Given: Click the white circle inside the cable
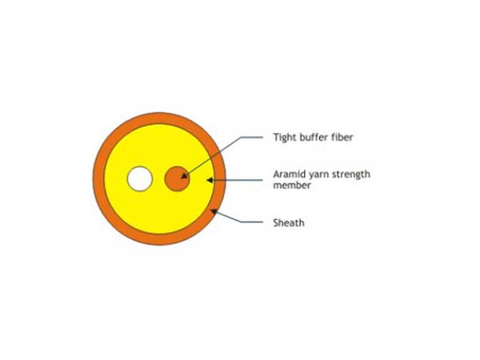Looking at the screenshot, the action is pyautogui.click(x=139, y=178).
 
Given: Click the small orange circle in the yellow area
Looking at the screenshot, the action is pyautogui.click(x=178, y=178).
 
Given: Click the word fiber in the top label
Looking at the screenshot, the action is pyautogui.click(x=342, y=137).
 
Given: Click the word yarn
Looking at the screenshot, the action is pyautogui.click(x=317, y=175).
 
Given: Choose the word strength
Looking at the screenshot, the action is pyautogui.click(x=351, y=174).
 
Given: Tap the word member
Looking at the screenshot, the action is pyautogui.click(x=292, y=186).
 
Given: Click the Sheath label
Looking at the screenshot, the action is pyautogui.click(x=289, y=222).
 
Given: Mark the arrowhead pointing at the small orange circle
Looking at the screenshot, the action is pyautogui.click(x=184, y=176).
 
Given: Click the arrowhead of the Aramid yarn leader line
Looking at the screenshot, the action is pyautogui.click(x=210, y=180).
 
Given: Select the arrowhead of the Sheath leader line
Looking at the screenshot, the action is pyautogui.click(x=214, y=212).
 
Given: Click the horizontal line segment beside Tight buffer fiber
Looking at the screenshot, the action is pyautogui.click(x=252, y=137).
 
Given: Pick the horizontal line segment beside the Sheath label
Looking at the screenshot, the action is pyautogui.click(x=252, y=222).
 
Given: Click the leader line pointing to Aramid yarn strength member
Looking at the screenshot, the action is pyautogui.click(x=234, y=180).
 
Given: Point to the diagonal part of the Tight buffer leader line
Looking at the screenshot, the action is pyautogui.click(x=213, y=157).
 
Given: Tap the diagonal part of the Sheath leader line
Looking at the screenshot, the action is pyautogui.click(x=228, y=217).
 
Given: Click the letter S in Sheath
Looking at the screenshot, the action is pyautogui.click(x=276, y=222).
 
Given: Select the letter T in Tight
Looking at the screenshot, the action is pyautogui.click(x=277, y=137).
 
